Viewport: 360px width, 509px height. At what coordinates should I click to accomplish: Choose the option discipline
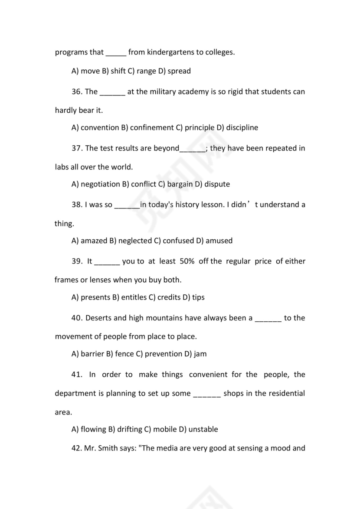[x=242, y=128]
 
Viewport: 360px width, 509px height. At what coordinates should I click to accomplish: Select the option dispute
[x=217, y=184]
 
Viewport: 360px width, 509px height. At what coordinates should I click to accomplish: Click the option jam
[x=200, y=354]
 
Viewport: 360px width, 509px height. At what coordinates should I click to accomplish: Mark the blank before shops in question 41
[x=206, y=394]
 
